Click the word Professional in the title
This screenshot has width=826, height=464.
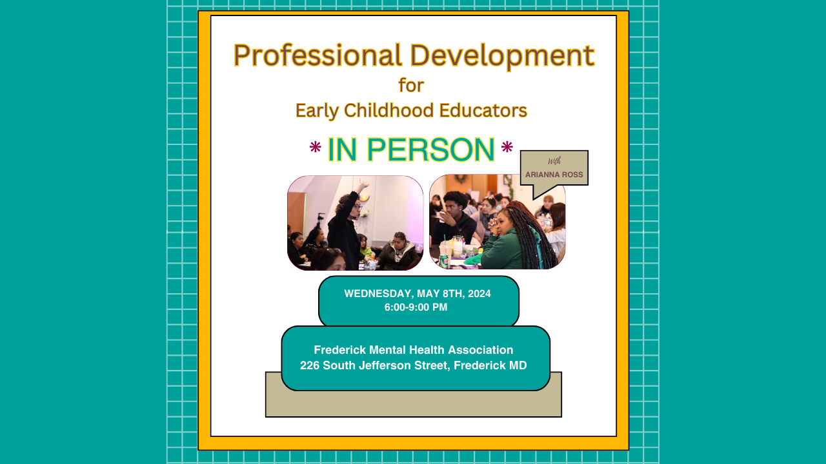point(317,55)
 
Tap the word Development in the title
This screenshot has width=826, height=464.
point(502,55)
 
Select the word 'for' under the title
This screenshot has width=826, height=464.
point(411,85)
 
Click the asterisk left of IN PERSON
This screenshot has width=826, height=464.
point(316,148)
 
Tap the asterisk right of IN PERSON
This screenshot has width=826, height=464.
point(507,148)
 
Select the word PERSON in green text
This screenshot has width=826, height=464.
point(430,150)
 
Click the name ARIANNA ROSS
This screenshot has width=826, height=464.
point(554,175)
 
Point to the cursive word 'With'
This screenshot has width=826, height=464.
point(554,161)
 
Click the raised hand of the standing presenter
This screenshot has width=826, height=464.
point(363,184)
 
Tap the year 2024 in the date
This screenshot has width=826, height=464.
point(479,293)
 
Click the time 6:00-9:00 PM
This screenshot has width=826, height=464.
point(416,307)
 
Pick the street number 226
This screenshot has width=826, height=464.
point(309,365)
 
